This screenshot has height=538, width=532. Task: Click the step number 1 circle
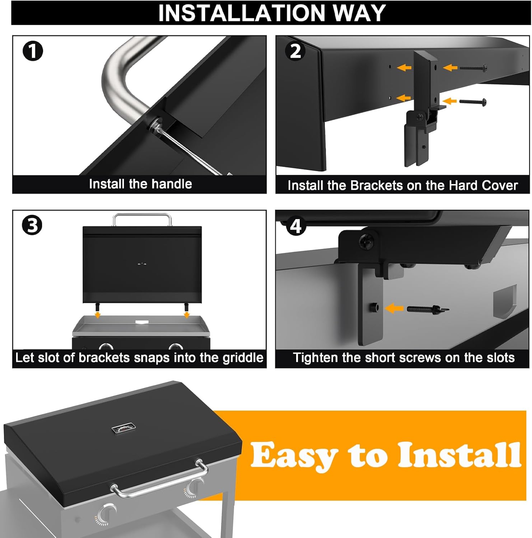(33, 51)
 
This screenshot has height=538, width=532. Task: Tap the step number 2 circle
(295, 51)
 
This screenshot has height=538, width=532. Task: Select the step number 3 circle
(32, 226)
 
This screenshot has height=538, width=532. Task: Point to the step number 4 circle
(295, 226)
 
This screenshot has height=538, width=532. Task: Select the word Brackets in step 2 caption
(377, 185)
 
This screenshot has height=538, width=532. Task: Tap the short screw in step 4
(428, 308)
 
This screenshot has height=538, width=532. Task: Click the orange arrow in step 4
(394, 308)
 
